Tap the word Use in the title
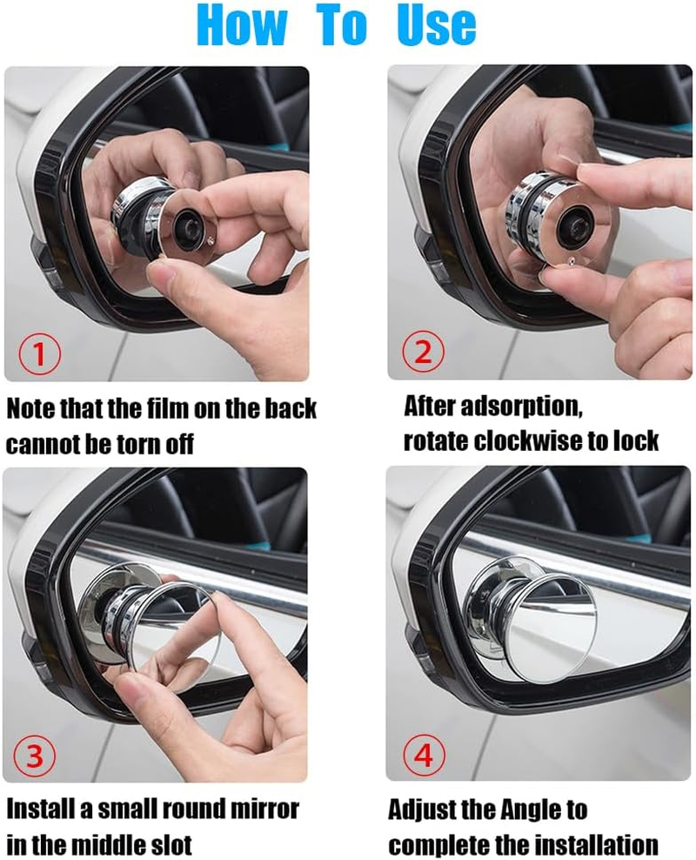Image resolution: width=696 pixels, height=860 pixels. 437,26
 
